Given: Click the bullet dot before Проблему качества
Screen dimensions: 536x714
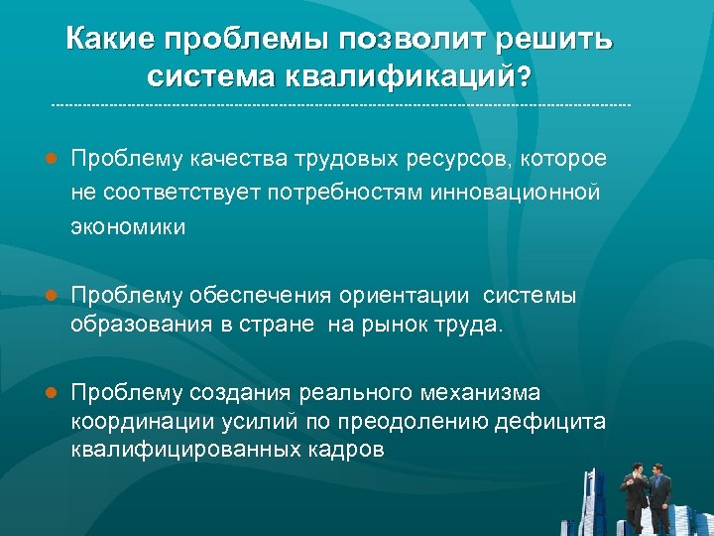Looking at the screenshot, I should (x=50, y=159).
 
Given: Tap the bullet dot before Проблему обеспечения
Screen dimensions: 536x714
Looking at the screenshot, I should (x=50, y=296).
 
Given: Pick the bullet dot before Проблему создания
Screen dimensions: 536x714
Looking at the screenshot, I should (x=50, y=392).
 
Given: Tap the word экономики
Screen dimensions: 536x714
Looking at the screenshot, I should (x=127, y=226).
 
